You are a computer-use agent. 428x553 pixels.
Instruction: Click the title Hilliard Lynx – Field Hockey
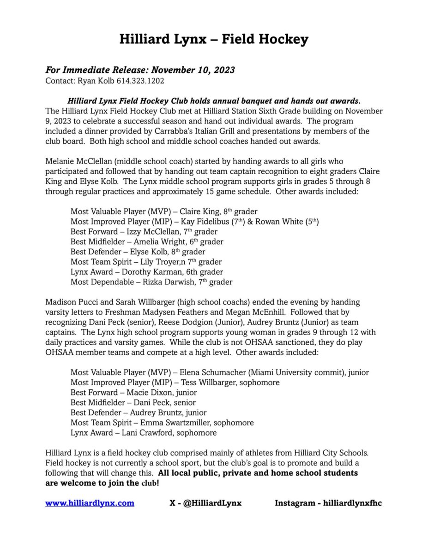(214, 40)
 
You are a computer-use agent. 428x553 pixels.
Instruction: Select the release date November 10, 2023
(193, 70)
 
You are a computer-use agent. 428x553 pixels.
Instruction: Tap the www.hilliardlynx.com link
(90, 503)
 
